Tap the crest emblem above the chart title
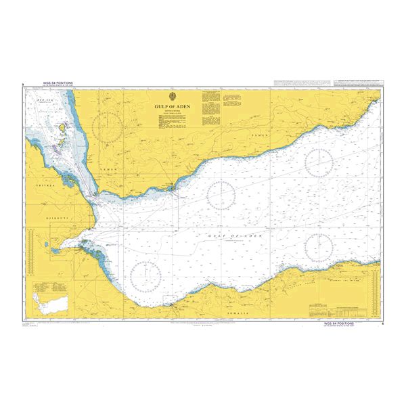(175, 97)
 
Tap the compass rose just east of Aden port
(221, 195)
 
